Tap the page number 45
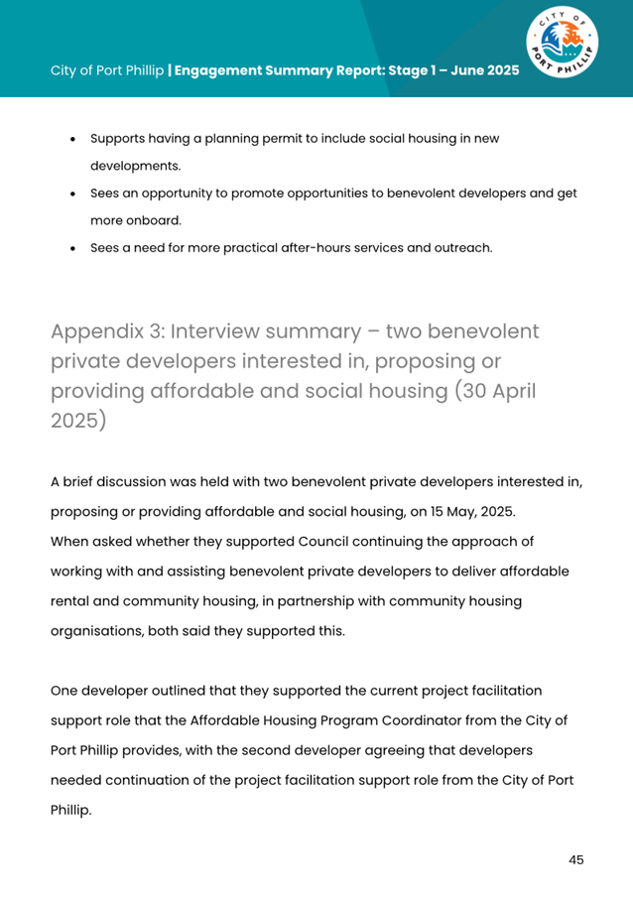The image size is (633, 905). pos(575,859)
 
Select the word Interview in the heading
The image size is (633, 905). pos(224,330)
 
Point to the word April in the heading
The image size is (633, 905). pos(507,390)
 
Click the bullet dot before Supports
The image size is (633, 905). pos(73,139)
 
